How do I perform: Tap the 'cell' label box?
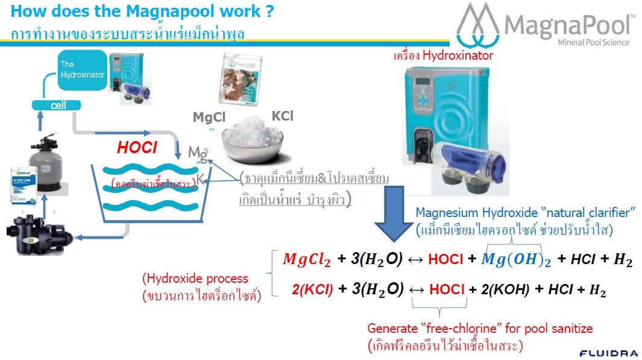[x=58, y=105]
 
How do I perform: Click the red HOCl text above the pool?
[x=137, y=147]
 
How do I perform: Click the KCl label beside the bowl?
[x=282, y=115]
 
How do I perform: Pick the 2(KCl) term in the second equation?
[x=312, y=289]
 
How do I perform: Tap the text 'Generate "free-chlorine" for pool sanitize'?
[x=480, y=329]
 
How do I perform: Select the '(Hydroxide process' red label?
[x=195, y=279]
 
